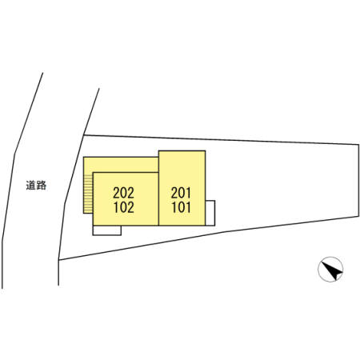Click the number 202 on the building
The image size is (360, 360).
point(123,193)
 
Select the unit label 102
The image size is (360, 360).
point(124,207)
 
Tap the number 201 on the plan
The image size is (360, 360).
point(181,193)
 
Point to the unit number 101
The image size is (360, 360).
point(181,207)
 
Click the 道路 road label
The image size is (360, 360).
point(36,186)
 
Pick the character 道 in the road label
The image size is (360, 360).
point(31,186)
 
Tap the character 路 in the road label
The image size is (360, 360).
point(42,186)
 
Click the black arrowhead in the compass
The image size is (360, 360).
point(331,270)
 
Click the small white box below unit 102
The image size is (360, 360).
point(107,230)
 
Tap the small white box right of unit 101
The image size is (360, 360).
point(210,213)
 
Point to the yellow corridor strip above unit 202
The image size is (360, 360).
point(121,165)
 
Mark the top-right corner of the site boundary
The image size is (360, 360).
point(358,145)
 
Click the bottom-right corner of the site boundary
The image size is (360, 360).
point(358,216)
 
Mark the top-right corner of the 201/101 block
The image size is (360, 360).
point(205,151)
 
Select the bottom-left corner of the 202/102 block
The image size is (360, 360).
point(93,226)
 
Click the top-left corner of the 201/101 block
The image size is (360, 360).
point(159,151)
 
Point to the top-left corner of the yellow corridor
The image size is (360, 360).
point(84,157)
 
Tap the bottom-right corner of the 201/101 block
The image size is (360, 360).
point(205,226)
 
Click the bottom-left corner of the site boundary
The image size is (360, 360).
point(59,259)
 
